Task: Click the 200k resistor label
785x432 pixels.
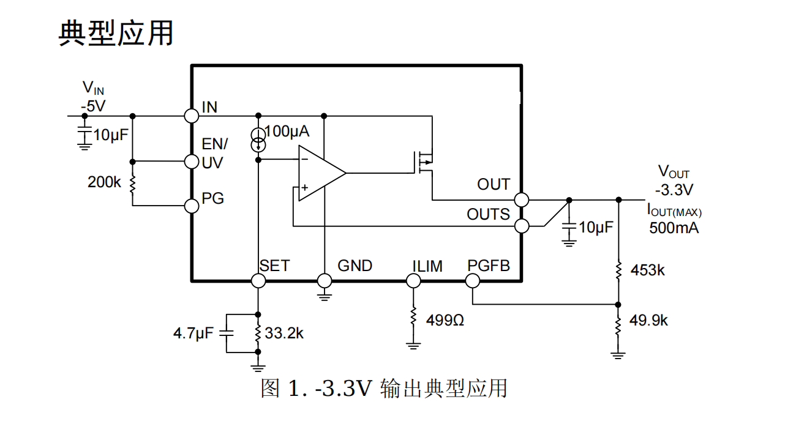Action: (x=105, y=182)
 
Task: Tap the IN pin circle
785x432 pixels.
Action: (x=192, y=115)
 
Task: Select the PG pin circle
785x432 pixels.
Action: (x=192, y=206)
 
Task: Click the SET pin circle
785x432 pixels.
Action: (x=258, y=281)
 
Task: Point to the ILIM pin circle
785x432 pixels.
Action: (x=413, y=281)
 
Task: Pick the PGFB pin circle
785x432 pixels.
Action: (x=472, y=281)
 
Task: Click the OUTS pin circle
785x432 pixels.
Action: (x=521, y=226)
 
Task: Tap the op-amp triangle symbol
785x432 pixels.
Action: (x=319, y=173)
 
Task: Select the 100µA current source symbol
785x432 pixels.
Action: (x=258, y=139)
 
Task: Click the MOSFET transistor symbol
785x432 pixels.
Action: (x=424, y=162)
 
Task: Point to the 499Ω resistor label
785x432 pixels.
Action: (x=443, y=320)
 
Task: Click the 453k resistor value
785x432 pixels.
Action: (x=647, y=270)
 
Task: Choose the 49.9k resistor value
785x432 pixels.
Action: (x=648, y=320)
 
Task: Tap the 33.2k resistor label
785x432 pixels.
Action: (x=284, y=333)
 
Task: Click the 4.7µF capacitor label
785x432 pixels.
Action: (x=193, y=333)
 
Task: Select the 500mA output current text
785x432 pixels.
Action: (x=674, y=228)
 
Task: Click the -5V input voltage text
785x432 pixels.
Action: (x=93, y=106)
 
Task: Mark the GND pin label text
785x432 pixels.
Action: (x=355, y=266)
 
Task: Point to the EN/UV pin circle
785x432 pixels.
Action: (x=192, y=161)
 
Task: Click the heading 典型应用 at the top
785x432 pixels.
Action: (x=116, y=33)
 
